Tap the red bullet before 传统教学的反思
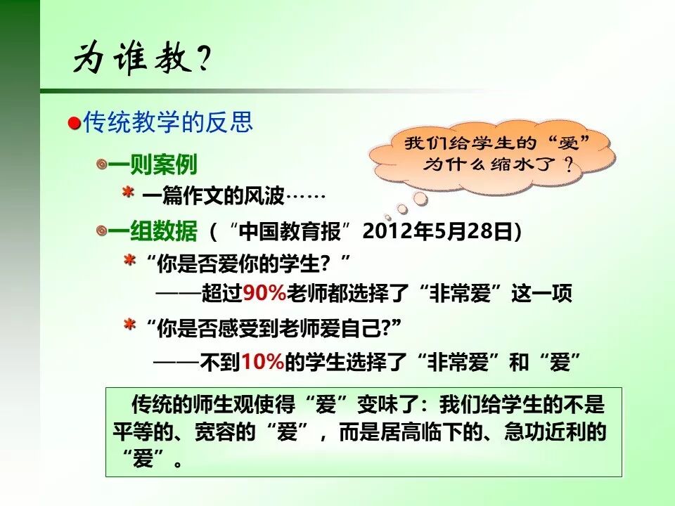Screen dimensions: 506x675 (74, 124)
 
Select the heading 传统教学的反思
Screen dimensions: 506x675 (168, 123)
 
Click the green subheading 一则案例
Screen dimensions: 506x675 (153, 164)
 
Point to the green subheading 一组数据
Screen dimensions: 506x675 (153, 231)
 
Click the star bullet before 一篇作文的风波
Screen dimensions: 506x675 (129, 193)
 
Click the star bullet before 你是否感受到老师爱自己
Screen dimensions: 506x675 (129, 325)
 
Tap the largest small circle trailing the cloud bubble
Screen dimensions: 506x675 (420, 200)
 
